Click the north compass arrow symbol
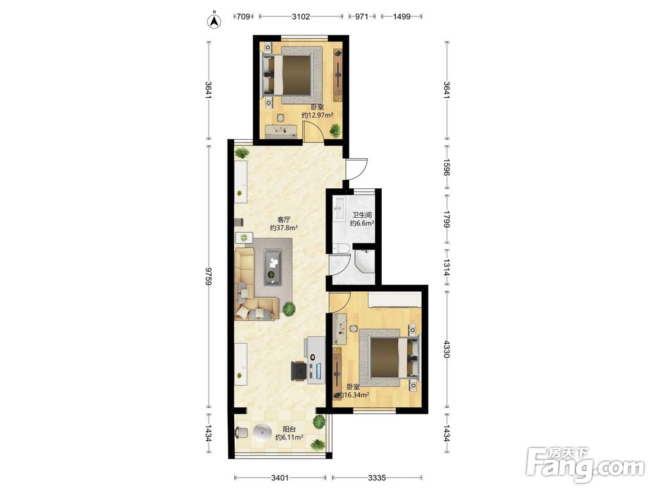(x=215, y=21)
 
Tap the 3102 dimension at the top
(x=301, y=17)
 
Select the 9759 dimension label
(x=209, y=276)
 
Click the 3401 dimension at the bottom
(x=280, y=478)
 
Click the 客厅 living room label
(x=284, y=219)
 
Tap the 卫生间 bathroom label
(x=362, y=215)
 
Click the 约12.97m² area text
(x=317, y=115)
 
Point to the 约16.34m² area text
(x=354, y=395)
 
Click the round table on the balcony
(x=263, y=433)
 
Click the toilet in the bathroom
(x=341, y=249)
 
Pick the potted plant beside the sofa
(x=289, y=309)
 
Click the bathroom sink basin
(x=338, y=206)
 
